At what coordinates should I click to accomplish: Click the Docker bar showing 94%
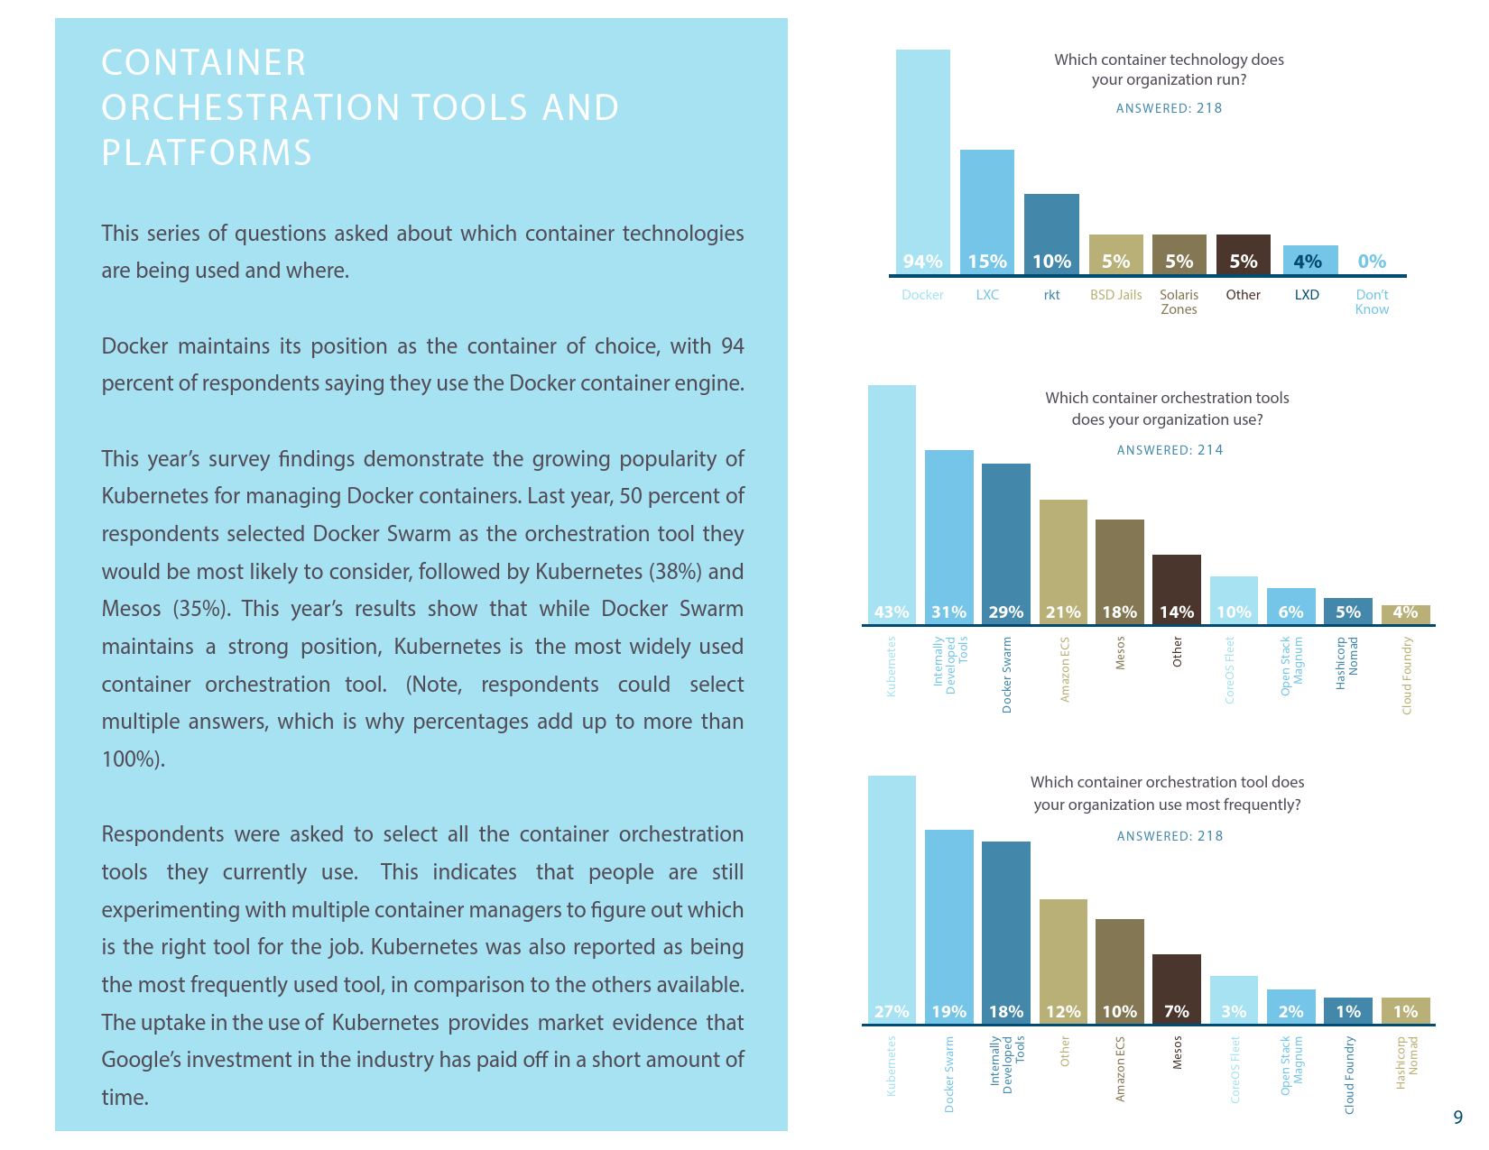pyautogui.click(x=922, y=162)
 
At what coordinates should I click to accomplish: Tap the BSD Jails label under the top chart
pyautogui.click(x=1115, y=295)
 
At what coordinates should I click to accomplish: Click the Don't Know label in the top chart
pyautogui.click(x=1372, y=302)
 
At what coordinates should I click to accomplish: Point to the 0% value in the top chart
pyautogui.click(x=1372, y=262)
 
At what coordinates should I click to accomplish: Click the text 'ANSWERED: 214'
pyautogui.click(x=1170, y=450)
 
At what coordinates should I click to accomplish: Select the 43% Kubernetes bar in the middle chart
pyautogui.click(x=892, y=504)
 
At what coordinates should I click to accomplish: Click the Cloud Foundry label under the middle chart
pyautogui.click(x=1406, y=676)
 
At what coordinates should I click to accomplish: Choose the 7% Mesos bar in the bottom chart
pyautogui.click(x=1177, y=989)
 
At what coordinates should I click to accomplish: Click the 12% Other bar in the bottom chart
pyautogui.click(x=1063, y=961)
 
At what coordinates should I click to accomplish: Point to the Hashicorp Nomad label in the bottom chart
pyautogui.click(x=1407, y=1063)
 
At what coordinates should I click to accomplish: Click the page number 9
pyautogui.click(x=1458, y=1118)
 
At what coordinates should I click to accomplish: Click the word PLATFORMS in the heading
pyautogui.click(x=207, y=153)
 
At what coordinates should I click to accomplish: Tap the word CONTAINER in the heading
pyautogui.click(x=204, y=63)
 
